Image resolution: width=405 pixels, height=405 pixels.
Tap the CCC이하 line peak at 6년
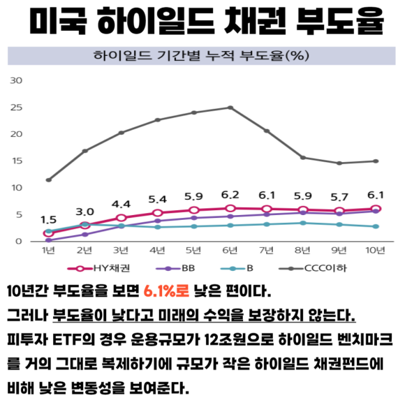point(230,108)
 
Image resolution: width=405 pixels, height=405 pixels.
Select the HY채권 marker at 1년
point(48,233)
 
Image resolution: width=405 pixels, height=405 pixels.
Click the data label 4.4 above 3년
point(121,204)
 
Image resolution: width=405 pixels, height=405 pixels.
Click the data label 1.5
point(48,219)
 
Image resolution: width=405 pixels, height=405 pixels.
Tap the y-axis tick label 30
point(15,80)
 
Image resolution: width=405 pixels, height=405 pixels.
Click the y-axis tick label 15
point(15,161)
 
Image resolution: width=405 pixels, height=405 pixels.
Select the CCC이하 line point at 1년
point(48,179)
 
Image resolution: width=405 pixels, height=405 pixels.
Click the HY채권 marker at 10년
point(376,209)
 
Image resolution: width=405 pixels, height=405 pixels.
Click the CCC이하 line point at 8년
point(303,157)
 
